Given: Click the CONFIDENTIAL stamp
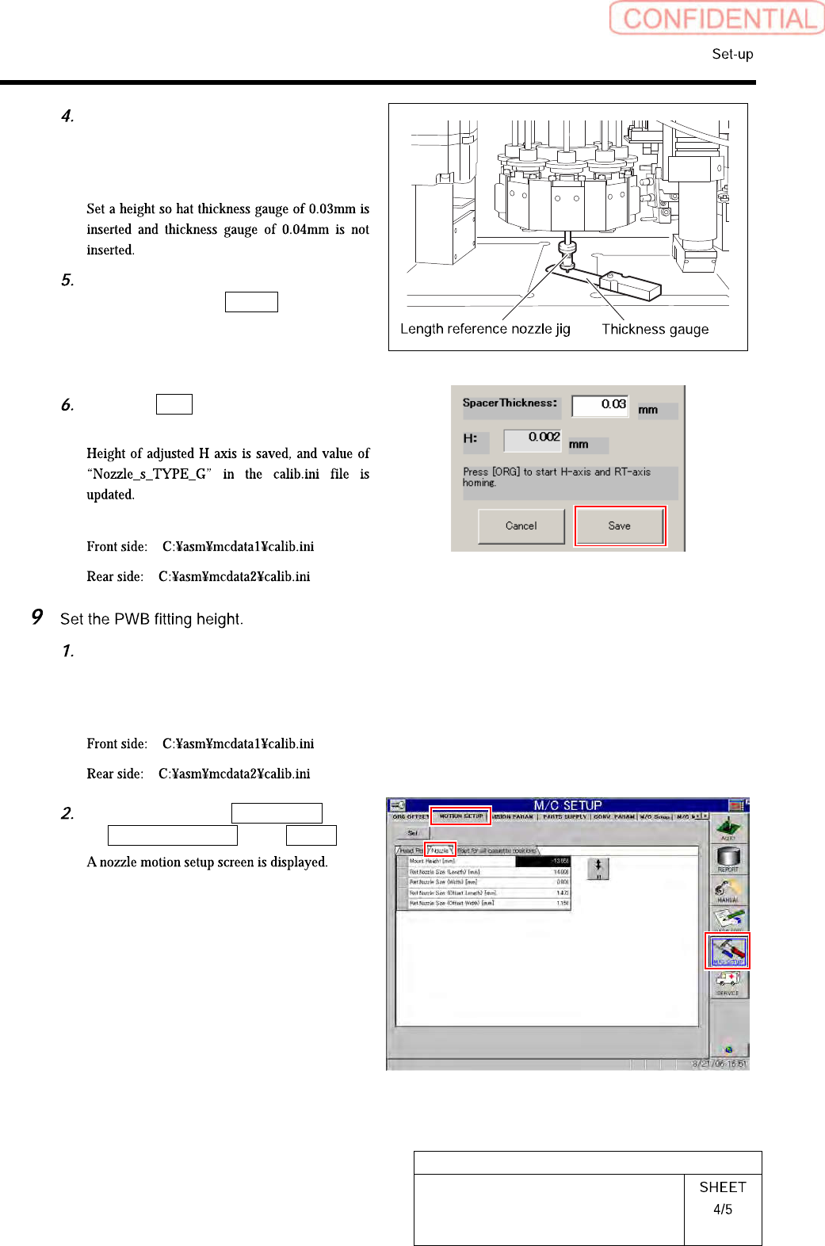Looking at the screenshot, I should click(x=717, y=18).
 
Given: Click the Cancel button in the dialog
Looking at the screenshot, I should click(x=521, y=526).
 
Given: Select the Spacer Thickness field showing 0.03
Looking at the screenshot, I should click(x=600, y=404).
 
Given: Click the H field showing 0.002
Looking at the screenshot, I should click(x=533, y=438).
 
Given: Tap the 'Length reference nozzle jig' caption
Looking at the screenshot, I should click(x=485, y=329).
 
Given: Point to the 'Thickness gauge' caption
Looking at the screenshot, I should click(x=655, y=329).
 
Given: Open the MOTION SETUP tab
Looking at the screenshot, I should click(x=460, y=816).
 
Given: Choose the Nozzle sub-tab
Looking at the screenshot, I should click(x=440, y=850).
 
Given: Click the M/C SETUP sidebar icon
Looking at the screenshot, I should click(x=728, y=950).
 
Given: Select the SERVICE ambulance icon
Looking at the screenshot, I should click(x=728, y=983).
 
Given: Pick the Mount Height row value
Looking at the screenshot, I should click(x=543, y=861).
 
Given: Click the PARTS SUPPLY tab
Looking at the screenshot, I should click(x=564, y=816).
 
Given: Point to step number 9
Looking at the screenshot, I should click(x=36, y=617).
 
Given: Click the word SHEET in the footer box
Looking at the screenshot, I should click(x=722, y=1187).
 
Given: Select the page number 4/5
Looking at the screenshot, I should click(x=722, y=1210).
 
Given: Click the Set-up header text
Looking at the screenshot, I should click(x=732, y=54).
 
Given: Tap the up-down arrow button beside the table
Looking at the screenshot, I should click(x=598, y=869).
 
